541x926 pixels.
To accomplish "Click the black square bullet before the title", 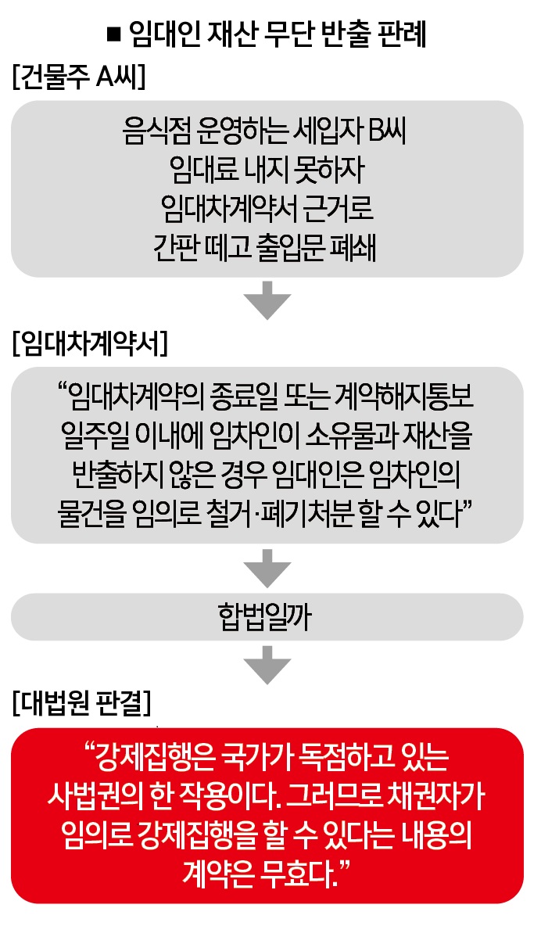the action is (114, 35).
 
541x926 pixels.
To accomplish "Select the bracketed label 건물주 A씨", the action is (78, 76).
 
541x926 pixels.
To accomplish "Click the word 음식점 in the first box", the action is (152, 131).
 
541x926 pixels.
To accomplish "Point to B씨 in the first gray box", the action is (388, 131).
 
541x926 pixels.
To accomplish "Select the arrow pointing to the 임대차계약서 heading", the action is (267, 300).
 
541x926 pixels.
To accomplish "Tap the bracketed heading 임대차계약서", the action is (90, 343).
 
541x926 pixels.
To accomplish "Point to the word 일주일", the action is (93, 436).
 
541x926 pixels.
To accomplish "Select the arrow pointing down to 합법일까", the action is (267, 568).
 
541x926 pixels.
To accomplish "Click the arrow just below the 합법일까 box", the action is (267, 665).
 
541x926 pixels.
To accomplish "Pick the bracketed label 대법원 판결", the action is (82, 703).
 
